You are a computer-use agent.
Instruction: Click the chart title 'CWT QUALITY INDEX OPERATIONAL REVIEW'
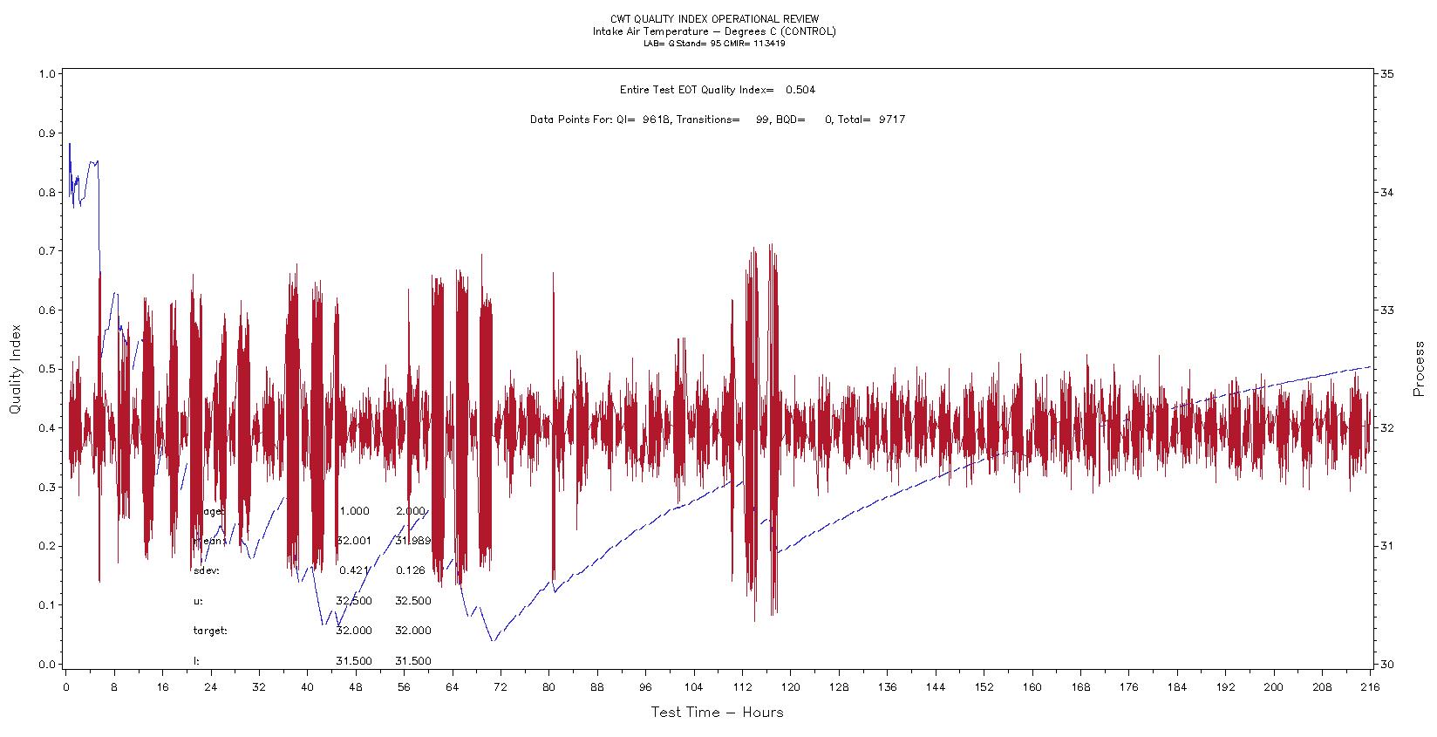pyautogui.click(x=714, y=19)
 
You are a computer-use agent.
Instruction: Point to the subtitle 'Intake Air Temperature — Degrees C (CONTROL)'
pyautogui.click(x=714, y=31)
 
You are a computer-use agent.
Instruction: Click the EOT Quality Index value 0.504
pyautogui.click(x=800, y=90)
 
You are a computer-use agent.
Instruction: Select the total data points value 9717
pyautogui.click(x=891, y=119)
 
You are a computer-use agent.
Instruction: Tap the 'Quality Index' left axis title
pyautogui.click(x=15, y=369)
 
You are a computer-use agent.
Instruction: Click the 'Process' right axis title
pyautogui.click(x=1420, y=369)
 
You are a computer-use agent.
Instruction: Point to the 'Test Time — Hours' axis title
pyautogui.click(x=717, y=713)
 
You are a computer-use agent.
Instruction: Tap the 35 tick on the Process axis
pyautogui.click(x=1386, y=74)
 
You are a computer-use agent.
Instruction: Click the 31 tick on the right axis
pyautogui.click(x=1386, y=546)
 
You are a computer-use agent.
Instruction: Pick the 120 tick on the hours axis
pyautogui.click(x=790, y=687)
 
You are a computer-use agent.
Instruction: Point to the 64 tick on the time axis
pyautogui.click(x=452, y=687)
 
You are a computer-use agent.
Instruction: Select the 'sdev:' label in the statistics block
pyautogui.click(x=206, y=571)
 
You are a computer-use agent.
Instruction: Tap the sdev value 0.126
pyautogui.click(x=410, y=571)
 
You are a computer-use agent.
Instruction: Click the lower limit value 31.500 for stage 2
pyautogui.click(x=412, y=661)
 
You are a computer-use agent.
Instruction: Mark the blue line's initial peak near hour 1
pyautogui.click(x=70, y=144)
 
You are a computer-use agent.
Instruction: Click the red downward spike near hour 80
pyautogui.click(x=553, y=579)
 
